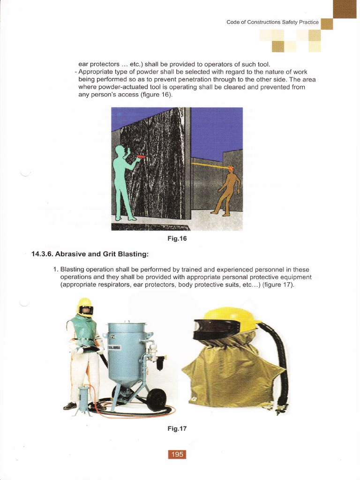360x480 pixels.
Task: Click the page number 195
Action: (177, 454)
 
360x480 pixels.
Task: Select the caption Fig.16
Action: (177, 238)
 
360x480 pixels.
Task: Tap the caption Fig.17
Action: (177, 428)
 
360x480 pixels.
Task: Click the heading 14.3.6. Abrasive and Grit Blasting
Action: (90, 255)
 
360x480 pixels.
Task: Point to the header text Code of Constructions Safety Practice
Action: (272, 22)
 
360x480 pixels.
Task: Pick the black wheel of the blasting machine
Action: (156, 399)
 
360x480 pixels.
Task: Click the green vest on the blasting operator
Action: (83, 331)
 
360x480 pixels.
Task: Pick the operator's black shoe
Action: (69, 406)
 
